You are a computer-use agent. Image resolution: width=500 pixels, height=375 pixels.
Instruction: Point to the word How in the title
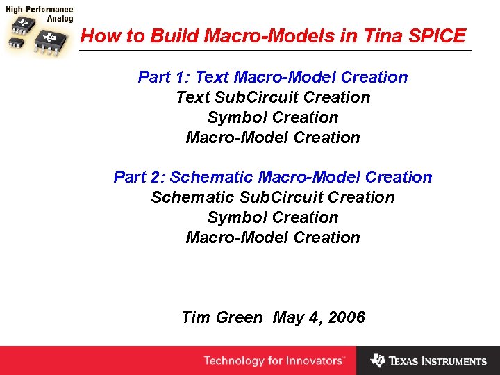[97, 36]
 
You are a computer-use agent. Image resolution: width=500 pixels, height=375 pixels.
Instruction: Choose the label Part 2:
[140, 177]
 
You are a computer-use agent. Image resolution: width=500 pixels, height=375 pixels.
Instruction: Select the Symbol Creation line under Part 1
[273, 117]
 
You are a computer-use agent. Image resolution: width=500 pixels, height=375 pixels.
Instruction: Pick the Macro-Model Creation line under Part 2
[273, 237]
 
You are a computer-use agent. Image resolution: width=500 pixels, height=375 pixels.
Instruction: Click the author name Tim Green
[222, 318]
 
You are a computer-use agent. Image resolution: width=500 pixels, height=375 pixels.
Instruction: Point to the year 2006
[347, 318]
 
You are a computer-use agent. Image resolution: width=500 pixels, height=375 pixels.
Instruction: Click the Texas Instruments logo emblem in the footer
[377, 360]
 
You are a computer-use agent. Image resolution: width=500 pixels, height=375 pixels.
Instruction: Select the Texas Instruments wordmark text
[437, 361]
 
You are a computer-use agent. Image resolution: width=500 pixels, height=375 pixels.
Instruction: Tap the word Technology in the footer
[234, 361]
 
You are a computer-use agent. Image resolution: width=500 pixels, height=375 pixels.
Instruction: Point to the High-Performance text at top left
[40, 10]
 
